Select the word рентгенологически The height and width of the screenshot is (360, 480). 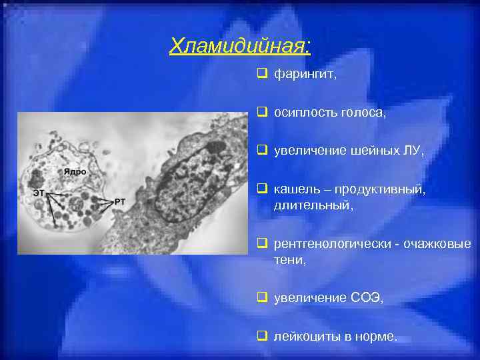(328, 244)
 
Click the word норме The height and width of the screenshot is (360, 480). (377, 337)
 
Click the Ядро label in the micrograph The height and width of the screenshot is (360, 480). (75, 171)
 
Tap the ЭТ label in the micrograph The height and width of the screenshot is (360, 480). (41, 193)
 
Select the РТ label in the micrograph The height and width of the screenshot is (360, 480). (120, 201)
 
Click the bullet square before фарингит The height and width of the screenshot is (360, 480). (261, 75)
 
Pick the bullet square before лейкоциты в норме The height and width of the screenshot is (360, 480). (261, 337)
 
